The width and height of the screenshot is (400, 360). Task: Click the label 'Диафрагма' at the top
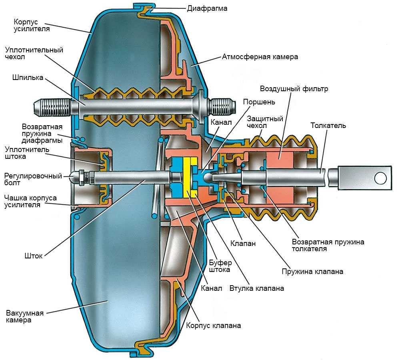click(207, 8)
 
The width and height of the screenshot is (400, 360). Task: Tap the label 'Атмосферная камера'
click(260, 57)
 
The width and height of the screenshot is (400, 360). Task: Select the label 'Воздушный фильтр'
click(294, 89)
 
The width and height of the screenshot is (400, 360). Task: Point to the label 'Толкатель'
click(328, 126)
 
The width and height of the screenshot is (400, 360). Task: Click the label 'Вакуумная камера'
click(25, 316)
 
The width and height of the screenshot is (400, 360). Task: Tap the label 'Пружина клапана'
click(312, 272)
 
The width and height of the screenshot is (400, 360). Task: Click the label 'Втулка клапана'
click(257, 288)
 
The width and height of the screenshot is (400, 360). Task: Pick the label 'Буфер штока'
click(220, 266)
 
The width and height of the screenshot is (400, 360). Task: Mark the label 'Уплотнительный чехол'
click(34, 54)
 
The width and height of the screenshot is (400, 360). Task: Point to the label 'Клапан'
click(243, 243)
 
